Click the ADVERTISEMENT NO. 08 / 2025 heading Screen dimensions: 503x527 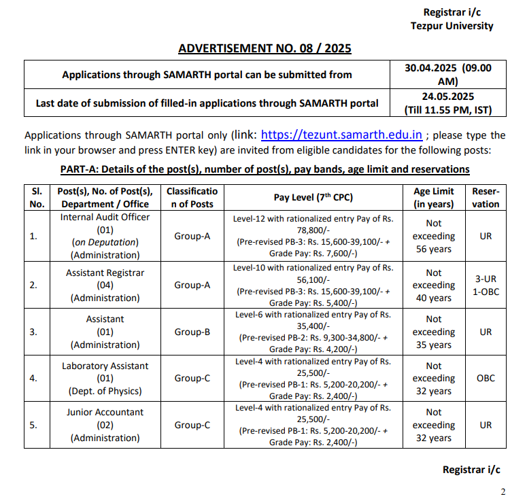pyautogui.click(x=265, y=48)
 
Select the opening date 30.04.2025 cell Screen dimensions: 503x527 pyautogui.click(x=447, y=74)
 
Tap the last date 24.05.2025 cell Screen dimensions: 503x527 pyautogui.click(x=447, y=103)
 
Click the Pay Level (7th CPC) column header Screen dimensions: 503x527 pyautogui.click(x=313, y=197)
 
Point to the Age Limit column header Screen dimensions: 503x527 pyautogui.click(x=433, y=197)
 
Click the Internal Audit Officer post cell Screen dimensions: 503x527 pyautogui.click(x=105, y=236)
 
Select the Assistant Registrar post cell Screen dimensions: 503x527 pyautogui.click(x=105, y=285)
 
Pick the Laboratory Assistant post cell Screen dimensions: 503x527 pyautogui.click(x=105, y=378)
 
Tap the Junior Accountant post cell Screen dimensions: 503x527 pyautogui.click(x=105, y=425)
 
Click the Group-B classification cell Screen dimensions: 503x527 pyautogui.click(x=192, y=332)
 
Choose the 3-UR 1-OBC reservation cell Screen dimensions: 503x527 pyautogui.click(x=486, y=285)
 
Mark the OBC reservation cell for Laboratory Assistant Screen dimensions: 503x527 pyautogui.click(x=486, y=378)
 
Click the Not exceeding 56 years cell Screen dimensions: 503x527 pyautogui.click(x=433, y=236)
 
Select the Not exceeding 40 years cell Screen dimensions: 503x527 pyautogui.click(x=433, y=285)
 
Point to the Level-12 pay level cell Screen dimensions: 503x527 pyautogui.click(x=313, y=236)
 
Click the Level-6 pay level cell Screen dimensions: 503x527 pyautogui.click(x=313, y=332)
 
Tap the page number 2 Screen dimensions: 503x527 pyautogui.click(x=503, y=491)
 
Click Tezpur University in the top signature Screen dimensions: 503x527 pyautogui.click(x=452, y=26)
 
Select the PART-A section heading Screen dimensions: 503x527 pyautogui.click(x=265, y=169)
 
